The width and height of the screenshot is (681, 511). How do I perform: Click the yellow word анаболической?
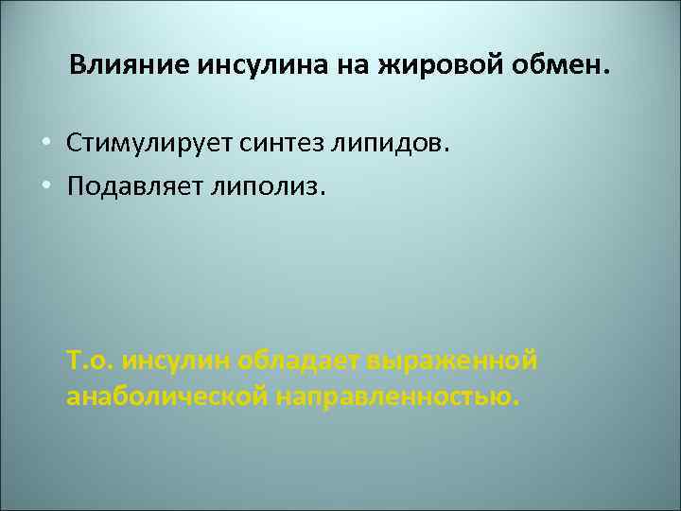(166, 396)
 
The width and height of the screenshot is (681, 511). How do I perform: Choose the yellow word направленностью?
(397, 396)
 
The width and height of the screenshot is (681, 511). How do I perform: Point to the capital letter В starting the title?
(77, 66)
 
